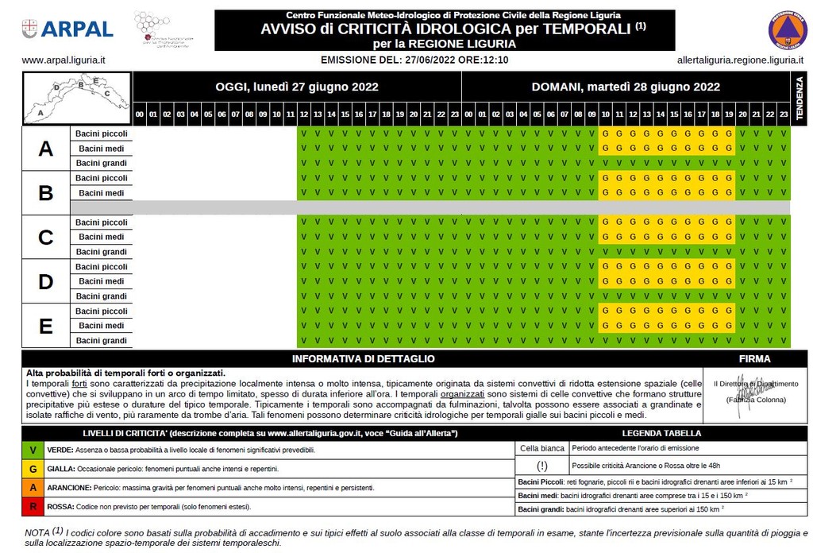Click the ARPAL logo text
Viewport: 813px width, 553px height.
(76, 29)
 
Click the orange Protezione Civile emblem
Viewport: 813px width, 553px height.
(787, 30)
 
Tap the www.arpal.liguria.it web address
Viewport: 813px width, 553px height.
(64, 60)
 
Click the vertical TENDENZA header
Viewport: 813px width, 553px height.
(800, 99)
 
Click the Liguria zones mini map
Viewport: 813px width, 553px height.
(77, 99)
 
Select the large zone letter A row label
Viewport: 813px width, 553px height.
(46, 149)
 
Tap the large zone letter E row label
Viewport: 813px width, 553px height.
(46, 326)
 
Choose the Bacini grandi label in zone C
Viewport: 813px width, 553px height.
(102, 252)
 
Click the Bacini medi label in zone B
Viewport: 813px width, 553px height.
(102, 193)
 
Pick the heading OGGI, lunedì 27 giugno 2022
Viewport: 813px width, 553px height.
(297, 87)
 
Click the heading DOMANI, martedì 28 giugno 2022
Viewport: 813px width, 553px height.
(626, 87)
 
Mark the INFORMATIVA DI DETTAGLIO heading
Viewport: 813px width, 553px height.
(368, 359)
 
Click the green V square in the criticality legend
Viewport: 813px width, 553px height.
(32, 450)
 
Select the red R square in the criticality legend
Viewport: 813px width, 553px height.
(32, 505)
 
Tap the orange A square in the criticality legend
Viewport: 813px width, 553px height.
(32, 487)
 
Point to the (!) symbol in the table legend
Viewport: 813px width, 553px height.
(542, 466)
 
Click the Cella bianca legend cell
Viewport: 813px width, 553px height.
(541, 448)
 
